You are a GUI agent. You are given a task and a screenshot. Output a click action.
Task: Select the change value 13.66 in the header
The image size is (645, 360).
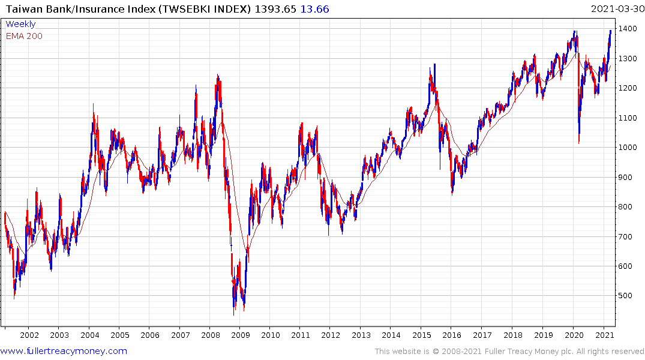(315, 9)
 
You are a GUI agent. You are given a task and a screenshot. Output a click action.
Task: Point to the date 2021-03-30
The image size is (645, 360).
(616, 9)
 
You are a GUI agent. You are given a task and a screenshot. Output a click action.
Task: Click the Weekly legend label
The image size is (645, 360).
(20, 24)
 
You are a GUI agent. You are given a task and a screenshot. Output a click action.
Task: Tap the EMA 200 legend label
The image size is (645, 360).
(24, 36)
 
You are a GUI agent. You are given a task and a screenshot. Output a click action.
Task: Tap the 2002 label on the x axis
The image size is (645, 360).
(29, 335)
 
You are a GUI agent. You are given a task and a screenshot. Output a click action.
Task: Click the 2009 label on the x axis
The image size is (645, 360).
(240, 335)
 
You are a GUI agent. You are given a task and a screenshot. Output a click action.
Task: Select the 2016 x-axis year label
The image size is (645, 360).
(452, 335)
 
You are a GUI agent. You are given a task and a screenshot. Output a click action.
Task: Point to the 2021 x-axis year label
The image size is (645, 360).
(603, 335)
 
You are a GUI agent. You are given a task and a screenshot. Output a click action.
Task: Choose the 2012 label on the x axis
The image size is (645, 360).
(331, 335)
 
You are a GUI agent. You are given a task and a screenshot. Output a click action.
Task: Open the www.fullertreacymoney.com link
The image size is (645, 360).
(64, 351)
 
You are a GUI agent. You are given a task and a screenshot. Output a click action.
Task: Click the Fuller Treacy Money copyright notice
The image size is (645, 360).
(509, 352)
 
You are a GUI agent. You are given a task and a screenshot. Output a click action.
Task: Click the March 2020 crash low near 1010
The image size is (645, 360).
(578, 143)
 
